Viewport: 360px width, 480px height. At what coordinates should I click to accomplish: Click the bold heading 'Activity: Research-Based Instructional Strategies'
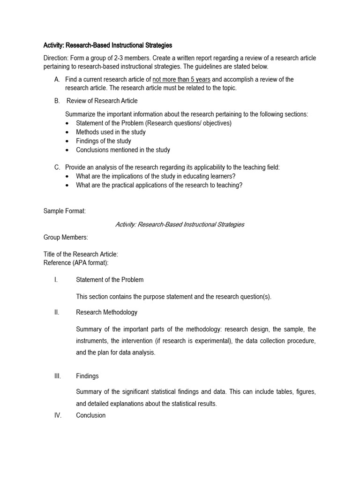[x=108, y=45]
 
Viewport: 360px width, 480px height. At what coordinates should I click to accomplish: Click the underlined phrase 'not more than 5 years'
[x=181, y=79]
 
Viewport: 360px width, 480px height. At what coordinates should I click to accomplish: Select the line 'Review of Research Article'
[x=102, y=101]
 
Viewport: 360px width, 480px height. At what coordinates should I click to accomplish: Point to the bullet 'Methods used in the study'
[x=111, y=132]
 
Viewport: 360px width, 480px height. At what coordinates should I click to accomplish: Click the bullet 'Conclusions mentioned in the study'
[x=123, y=150]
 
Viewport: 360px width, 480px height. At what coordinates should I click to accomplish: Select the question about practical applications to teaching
[x=159, y=185]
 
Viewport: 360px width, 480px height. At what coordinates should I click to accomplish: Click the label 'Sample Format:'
[x=65, y=211]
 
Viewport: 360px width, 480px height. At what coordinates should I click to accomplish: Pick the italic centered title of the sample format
[x=180, y=224]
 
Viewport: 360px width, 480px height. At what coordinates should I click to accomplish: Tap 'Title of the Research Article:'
[x=81, y=254]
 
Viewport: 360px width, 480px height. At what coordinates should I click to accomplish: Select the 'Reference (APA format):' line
[x=76, y=262]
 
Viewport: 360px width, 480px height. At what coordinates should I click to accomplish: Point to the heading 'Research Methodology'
[x=106, y=312]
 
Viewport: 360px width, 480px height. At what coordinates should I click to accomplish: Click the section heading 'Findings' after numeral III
[x=87, y=376]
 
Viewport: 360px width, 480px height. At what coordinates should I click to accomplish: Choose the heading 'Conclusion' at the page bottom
[x=90, y=415]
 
